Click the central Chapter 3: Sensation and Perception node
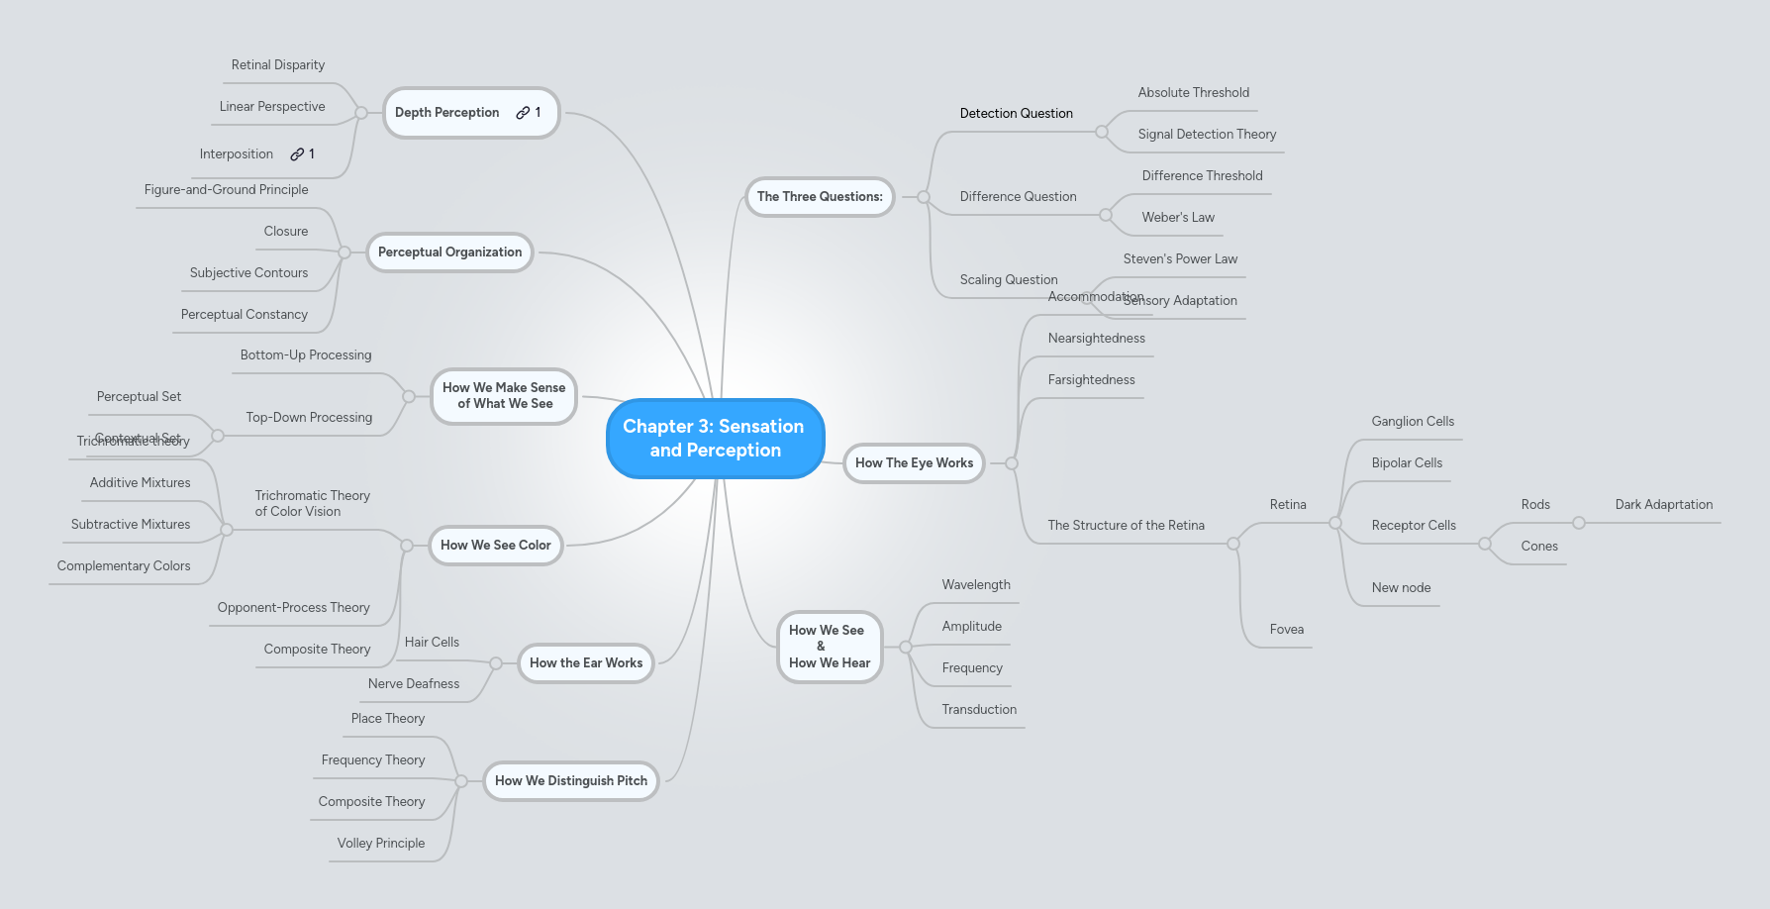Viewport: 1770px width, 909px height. pyautogui.click(x=715, y=439)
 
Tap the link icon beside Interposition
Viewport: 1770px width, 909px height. pyautogui.click(x=297, y=154)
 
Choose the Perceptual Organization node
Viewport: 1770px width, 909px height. pyautogui.click(x=449, y=252)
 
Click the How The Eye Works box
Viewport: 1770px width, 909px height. pyautogui.click(x=914, y=463)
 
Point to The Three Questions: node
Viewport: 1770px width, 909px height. pyautogui.click(x=820, y=197)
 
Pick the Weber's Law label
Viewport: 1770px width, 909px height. pyautogui.click(x=1178, y=218)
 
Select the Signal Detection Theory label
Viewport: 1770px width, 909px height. pyautogui.click(x=1207, y=135)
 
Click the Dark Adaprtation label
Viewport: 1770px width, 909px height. pyautogui.click(x=1663, y=505)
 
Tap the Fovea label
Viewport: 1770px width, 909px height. pyautogui.click(x=1286, y=630)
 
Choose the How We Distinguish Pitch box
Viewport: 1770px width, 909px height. pyautogui.click(x=570, y=781)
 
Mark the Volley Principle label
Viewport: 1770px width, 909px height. pyautogui.click(x=381, y=844)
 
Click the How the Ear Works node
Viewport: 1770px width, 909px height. pyautogui.click(x=586, y=663)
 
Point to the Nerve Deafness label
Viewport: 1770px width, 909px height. pyautogui.click(x=414, y=684)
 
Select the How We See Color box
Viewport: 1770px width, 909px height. pyautogui.click(x=495, y=546)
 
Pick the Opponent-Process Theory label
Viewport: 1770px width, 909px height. pyautogui.click(x=294, y=608)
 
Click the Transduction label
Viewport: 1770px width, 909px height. pyautogui.click(x=979, y=710)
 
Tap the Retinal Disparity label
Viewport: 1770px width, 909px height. pyautogui.click(x=278, y=65)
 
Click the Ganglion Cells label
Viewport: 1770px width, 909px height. pyautogui.click(x=1413, y=422)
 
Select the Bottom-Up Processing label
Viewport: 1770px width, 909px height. pyautogui.click(x=306, y=355)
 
